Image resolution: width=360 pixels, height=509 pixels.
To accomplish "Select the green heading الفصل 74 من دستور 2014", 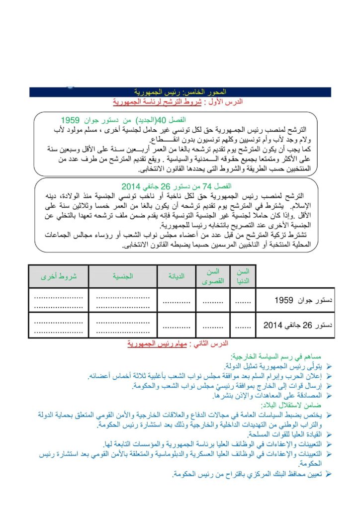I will pos(177,186).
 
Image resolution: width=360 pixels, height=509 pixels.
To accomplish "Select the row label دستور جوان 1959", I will pos(298,301).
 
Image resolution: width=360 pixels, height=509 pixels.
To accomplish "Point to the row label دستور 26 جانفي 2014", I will pos(298,326).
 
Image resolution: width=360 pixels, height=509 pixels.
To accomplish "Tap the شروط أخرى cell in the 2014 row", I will pos(58,326).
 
